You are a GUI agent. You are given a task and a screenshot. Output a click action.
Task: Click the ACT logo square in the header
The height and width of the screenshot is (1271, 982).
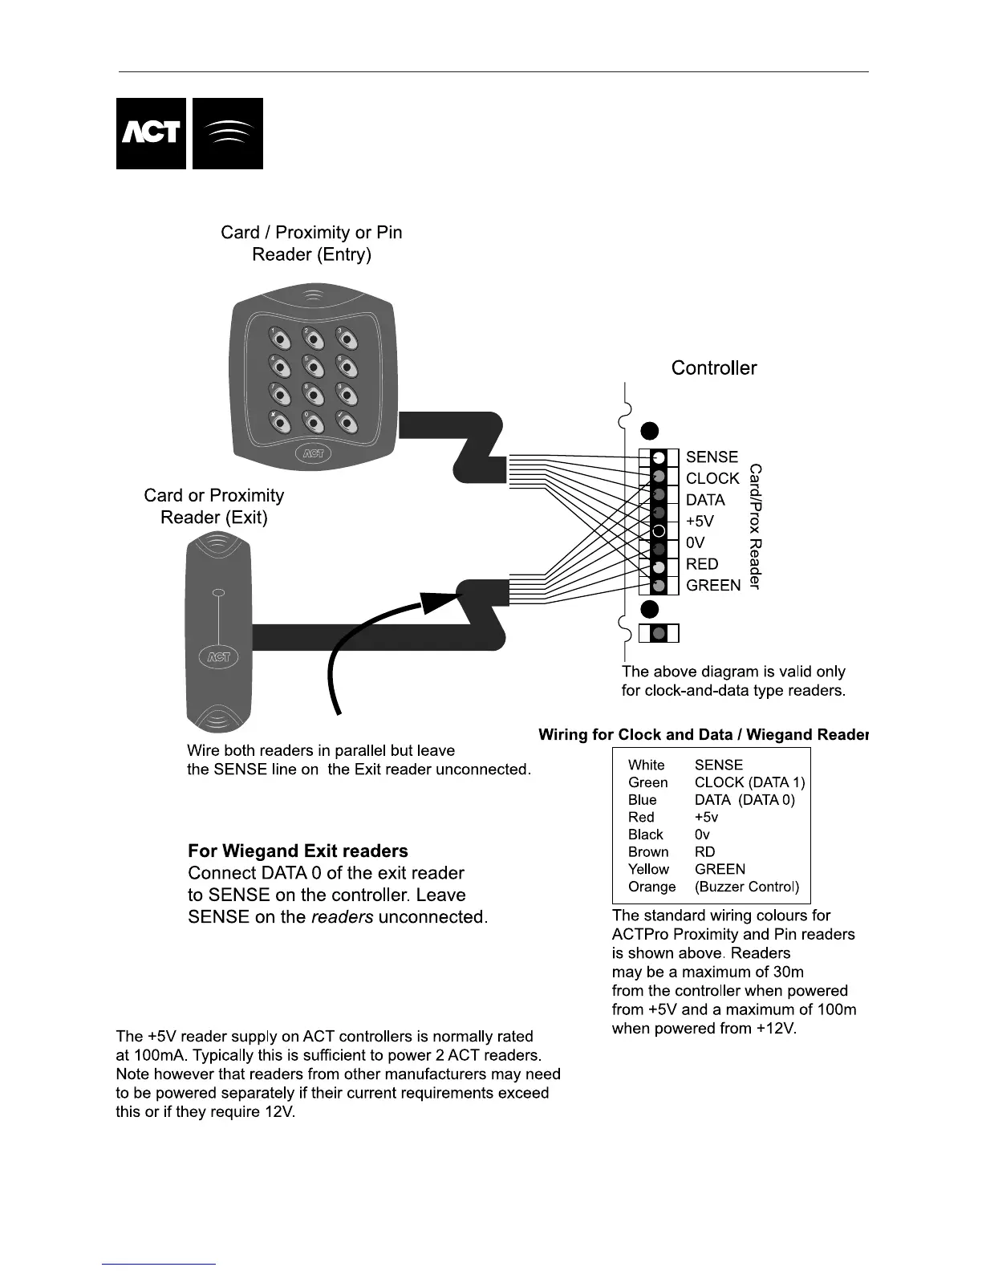point(151,133)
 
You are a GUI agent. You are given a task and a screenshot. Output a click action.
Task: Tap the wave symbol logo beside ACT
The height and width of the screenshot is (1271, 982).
point(228,133)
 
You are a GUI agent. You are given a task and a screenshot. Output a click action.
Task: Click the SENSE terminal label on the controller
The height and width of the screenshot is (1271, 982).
point(712,457)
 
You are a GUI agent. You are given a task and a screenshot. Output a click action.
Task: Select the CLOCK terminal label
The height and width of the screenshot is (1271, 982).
point(712,478)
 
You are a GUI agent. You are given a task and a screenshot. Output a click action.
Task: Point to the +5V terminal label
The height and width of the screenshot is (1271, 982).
point(700,521)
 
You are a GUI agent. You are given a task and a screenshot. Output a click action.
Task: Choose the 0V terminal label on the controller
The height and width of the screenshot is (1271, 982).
point(696,542)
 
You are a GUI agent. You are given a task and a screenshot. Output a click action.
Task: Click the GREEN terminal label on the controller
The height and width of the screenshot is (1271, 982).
point(713,586)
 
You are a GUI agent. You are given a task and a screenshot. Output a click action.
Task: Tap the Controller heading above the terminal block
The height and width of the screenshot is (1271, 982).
point(714,368)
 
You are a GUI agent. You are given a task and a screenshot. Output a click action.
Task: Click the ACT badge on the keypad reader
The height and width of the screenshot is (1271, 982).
point(313,453)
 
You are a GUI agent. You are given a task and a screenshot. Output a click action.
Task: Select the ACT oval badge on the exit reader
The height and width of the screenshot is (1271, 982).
point(218,656)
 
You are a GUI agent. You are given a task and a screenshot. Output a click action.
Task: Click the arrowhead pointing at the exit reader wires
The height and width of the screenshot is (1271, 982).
point(437,599)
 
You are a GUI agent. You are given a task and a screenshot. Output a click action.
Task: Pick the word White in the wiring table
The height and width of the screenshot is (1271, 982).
point(646,765)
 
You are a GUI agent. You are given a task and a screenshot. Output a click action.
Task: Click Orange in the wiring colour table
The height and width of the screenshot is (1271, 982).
point(651,887)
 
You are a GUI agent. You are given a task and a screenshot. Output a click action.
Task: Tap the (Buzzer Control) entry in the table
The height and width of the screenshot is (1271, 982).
point(747,887)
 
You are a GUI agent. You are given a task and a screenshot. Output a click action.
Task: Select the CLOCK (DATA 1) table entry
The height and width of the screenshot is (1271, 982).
point(749,782)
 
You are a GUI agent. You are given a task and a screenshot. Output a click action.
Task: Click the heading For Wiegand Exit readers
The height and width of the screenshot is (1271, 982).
point(298,851)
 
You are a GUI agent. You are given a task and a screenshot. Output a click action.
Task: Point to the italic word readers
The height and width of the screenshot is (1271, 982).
point(342,916)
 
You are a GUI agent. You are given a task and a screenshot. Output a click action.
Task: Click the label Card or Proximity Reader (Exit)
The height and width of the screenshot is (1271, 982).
point(214,506)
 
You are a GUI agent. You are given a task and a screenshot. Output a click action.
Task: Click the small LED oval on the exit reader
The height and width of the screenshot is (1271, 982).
point(218,593)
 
